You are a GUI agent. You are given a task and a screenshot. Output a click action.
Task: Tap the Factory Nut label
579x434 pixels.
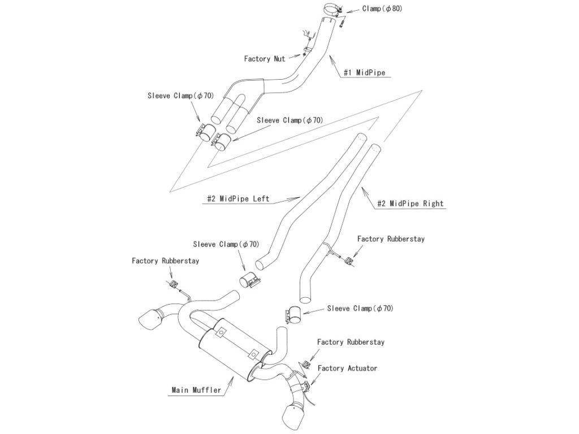(265, 58)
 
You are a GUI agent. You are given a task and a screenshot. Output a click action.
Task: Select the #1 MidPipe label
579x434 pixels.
(364, 72)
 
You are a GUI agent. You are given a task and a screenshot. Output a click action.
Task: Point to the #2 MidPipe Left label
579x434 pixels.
(237, 199)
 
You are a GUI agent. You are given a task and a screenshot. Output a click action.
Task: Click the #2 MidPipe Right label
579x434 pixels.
(411, 203)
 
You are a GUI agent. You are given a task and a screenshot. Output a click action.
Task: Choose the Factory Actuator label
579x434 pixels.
(347, 368)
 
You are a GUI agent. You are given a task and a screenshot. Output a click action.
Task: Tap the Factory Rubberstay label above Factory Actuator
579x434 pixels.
(351, 342)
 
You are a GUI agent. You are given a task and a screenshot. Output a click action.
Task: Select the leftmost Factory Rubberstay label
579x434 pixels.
(165, 261)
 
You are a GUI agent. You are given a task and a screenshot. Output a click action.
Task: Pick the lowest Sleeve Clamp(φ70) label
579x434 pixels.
(360, 309)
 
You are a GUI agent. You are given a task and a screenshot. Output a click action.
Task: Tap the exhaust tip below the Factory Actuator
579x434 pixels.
(295, 415)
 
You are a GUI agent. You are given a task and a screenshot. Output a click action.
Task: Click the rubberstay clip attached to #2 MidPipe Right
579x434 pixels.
(349, 260)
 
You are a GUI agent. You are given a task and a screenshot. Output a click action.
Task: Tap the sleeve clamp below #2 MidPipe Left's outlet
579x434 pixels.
(249, 281)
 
